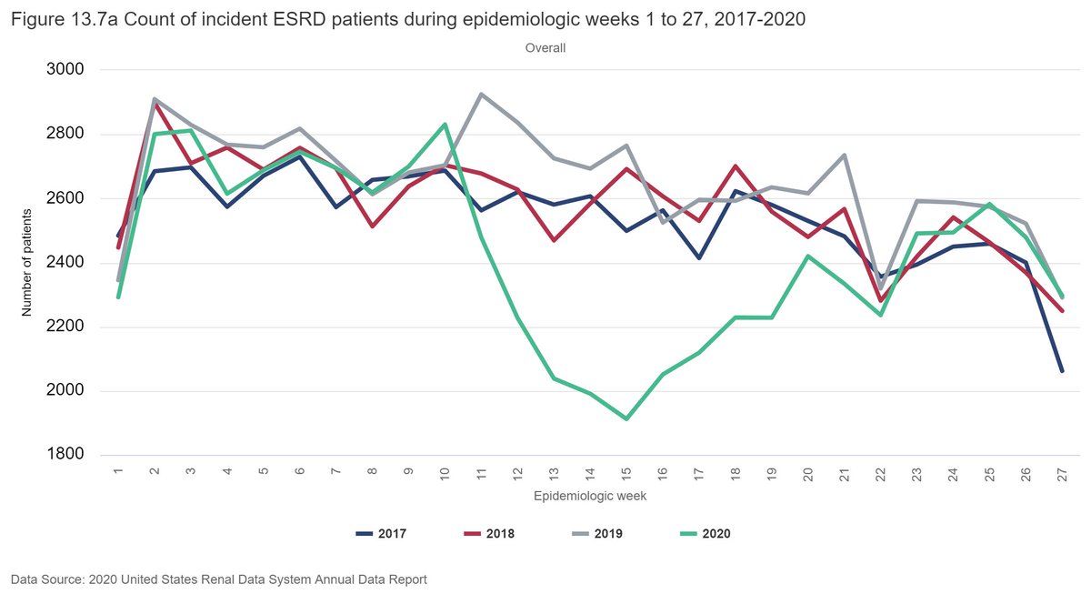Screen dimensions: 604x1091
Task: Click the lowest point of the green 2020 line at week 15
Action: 626,418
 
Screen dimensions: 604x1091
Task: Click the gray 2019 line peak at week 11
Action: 481,94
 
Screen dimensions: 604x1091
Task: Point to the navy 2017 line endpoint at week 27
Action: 1061,371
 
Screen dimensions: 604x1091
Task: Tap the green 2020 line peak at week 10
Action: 445,124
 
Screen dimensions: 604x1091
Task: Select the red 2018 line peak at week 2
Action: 155,102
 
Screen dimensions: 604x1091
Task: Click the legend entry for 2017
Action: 380,534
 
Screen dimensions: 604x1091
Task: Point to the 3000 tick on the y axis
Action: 65,70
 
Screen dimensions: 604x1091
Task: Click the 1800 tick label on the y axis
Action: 65,456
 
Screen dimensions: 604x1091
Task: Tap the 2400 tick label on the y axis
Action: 65,263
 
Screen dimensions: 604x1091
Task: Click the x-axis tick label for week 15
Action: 626,474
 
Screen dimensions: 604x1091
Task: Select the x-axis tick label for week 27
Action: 1061,474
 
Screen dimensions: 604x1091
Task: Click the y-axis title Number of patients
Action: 27,262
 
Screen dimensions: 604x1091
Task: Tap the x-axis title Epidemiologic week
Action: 590,497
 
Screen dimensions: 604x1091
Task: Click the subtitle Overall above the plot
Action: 545,48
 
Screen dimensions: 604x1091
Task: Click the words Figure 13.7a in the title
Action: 54,18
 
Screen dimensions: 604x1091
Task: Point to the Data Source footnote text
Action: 219,579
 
